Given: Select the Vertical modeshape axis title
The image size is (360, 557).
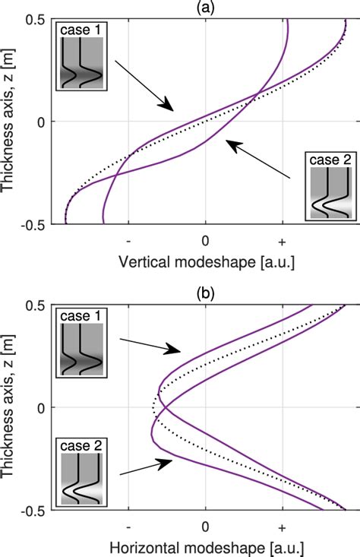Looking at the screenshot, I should tap(206, 261).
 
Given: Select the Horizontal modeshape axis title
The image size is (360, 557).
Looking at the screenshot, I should tap(206, 546).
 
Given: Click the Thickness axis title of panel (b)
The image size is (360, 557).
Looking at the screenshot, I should tap(11, 407).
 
